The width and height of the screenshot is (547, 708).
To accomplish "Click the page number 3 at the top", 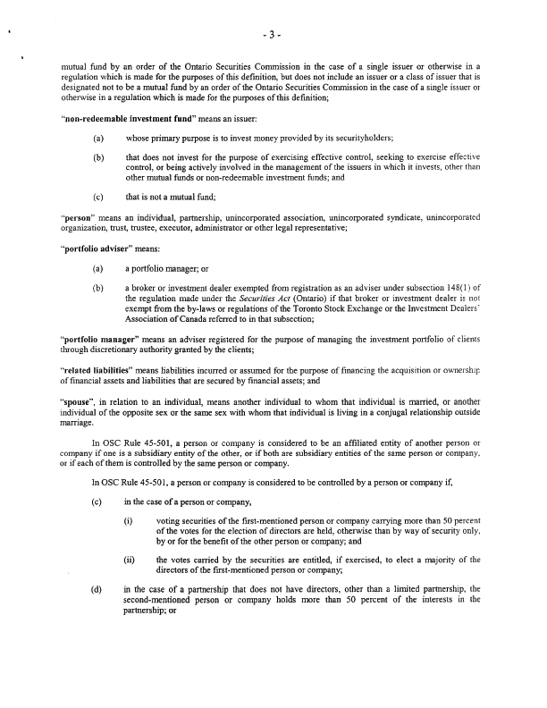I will pos(274,35).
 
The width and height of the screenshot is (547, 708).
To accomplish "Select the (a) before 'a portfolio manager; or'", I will pos(97,268).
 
